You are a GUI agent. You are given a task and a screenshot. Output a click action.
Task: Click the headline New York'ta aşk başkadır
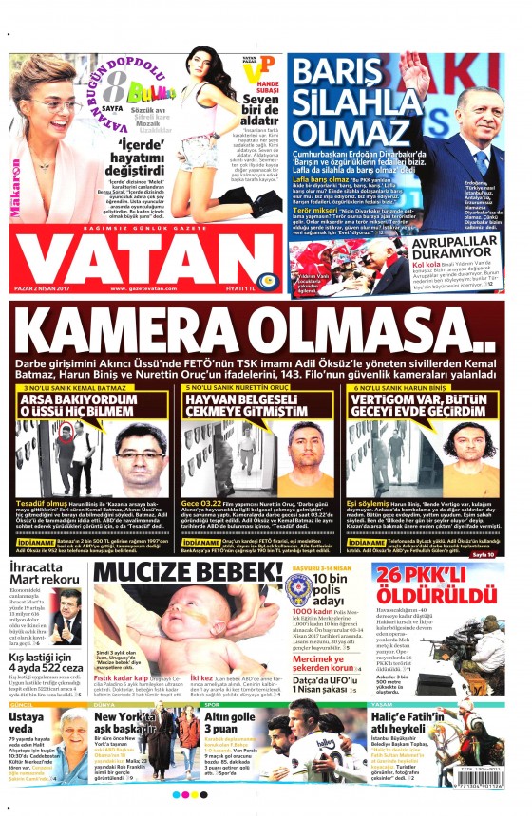click(x=130, y=725)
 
